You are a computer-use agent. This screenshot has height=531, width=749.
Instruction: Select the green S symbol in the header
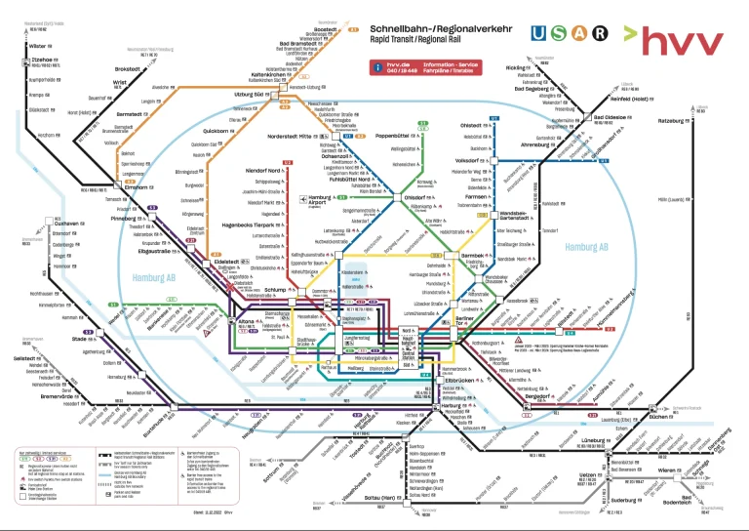(x=560, y=33)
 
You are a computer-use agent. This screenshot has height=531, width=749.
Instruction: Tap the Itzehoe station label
(x=40, y=60)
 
